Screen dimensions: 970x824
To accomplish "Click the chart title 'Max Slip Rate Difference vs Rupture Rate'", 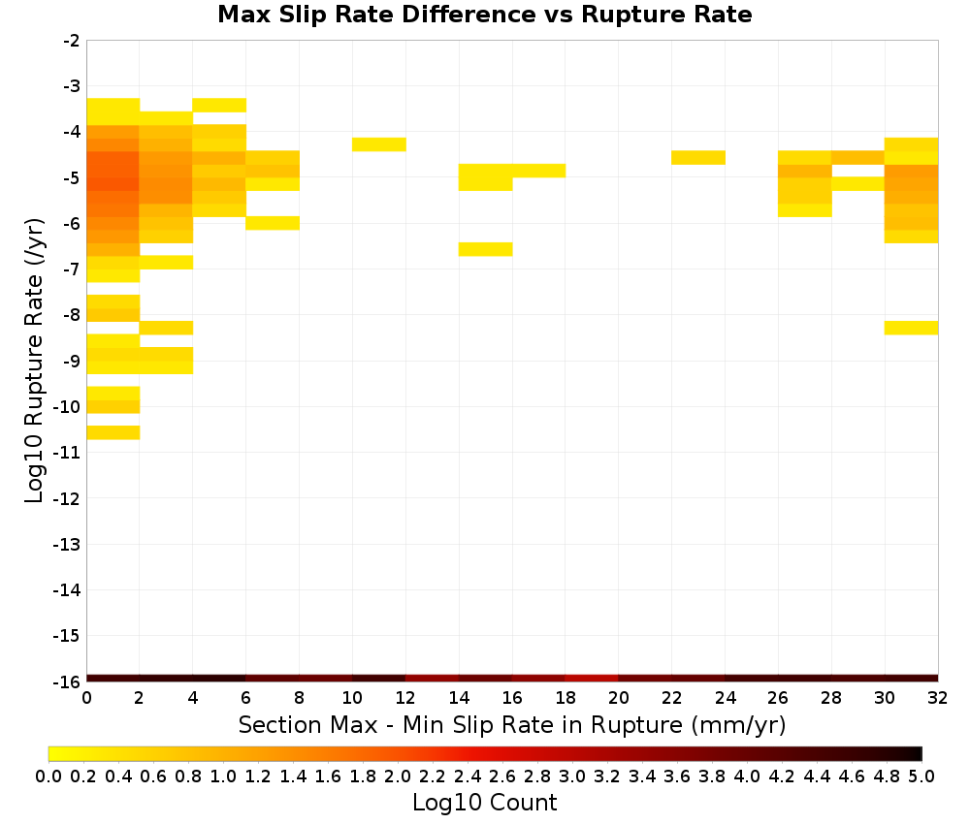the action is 484,14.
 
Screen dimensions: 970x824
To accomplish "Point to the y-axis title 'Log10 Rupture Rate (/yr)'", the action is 34,361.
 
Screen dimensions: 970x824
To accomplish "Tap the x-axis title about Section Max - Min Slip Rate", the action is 511,724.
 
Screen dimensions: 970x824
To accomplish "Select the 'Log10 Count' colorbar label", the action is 484,803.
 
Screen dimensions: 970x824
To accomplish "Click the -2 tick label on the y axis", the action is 71,41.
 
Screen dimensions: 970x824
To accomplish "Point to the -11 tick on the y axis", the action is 67,453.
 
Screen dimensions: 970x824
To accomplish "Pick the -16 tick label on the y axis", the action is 67,681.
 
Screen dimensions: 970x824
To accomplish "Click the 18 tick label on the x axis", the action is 566,698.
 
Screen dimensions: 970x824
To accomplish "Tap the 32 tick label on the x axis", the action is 938,698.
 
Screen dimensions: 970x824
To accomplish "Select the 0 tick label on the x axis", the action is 86,698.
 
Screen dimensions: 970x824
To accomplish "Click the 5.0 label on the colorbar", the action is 921,776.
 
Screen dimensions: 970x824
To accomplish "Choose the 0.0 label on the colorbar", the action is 48,776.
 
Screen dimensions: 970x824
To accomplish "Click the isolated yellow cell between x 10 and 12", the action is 379,144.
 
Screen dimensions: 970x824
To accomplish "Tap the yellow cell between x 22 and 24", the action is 698,158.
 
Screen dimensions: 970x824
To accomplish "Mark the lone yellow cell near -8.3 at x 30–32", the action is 911,328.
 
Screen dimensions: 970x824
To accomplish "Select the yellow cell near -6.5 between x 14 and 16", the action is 486,249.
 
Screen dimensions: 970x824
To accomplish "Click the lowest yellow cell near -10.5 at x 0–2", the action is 113,432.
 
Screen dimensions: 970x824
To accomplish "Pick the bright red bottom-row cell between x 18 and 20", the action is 592,679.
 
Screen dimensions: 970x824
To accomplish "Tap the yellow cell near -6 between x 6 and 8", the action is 273,223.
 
